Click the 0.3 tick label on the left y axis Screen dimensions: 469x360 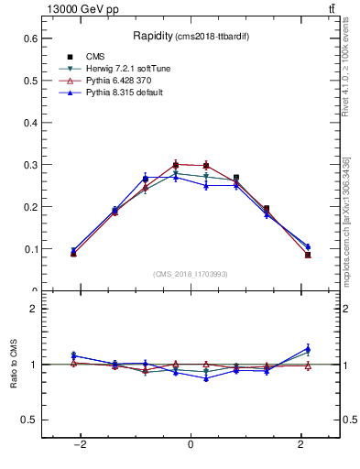pyautogui.click(x=30, y=165)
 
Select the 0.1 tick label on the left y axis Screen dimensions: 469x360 pyautogui.click(x=30, y=249)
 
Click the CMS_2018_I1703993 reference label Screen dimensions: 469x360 pyautogui.click(x=190, y=274)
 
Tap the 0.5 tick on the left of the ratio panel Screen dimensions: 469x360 pyautogui.click(x=30, y=420)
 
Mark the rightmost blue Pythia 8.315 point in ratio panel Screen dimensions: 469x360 pyautogui.click(x=308, y=349)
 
